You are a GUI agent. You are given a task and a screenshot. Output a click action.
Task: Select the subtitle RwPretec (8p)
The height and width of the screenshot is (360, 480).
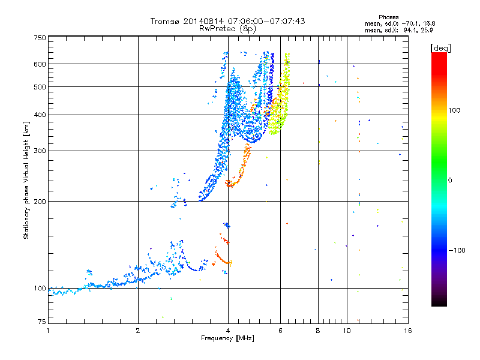[x=227, y=29]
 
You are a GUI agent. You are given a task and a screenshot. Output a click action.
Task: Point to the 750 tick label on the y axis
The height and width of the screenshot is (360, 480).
[x=40, y=38]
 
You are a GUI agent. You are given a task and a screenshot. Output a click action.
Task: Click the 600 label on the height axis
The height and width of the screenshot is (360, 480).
[x=40, y=64]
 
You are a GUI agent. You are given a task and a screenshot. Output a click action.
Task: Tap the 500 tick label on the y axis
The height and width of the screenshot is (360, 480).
[x=40, y=87]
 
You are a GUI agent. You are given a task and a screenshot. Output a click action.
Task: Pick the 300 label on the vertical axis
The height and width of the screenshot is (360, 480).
[x=40, y=151]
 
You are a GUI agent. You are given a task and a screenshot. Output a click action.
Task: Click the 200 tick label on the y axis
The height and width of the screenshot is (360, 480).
[x=40, y=202]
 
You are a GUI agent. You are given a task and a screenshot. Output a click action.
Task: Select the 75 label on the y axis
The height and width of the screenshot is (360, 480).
[x=42, y=322]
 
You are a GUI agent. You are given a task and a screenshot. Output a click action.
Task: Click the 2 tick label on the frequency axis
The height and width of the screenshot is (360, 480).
[x=138, y=331]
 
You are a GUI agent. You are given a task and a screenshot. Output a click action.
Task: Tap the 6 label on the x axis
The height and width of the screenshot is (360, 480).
[x=280, y=331]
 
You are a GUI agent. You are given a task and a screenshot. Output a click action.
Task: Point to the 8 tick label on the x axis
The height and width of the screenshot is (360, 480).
[x=318, y=331]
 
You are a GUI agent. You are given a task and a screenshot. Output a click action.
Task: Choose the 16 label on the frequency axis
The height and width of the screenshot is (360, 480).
[x=408, y=331]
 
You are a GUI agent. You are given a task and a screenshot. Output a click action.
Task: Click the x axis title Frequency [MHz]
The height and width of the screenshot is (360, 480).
[x=227, y=338]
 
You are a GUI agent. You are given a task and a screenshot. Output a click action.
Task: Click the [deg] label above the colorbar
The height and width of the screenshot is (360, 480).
[x=440, y=48]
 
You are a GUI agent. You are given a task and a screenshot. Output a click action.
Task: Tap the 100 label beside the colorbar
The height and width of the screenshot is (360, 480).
[x=454, y=110]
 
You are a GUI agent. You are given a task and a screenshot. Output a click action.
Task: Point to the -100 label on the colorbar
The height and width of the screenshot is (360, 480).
[x=457, y=250]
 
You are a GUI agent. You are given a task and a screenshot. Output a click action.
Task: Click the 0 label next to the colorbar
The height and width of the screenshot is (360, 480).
[x=450, y=181]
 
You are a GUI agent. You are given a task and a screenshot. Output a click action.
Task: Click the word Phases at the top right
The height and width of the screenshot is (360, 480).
[x=388, y=17]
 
